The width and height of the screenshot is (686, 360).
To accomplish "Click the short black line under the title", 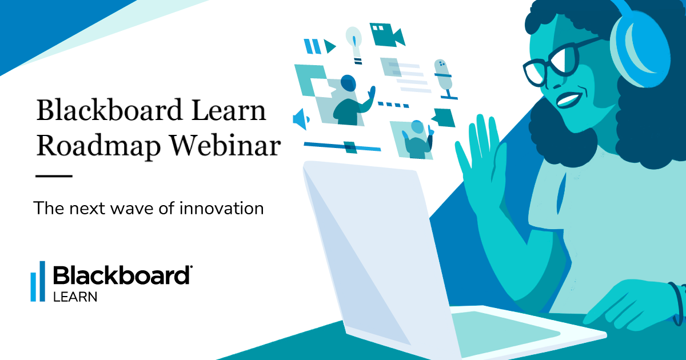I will pyautogui.click(x=54, y=176).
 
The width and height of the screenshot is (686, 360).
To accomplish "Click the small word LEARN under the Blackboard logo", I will pyautogui.click(x=75, y=297).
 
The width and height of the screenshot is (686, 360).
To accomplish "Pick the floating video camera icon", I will pyautogui.click(x=386, y=34).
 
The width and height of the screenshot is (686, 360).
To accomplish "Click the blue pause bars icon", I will pyautogui.click(x=312, y=45).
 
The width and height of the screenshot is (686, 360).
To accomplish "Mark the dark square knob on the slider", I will pyautogui.click(x=350, y=147).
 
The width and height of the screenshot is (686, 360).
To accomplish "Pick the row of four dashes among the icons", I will pyautogui.click(x=392, y=105).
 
